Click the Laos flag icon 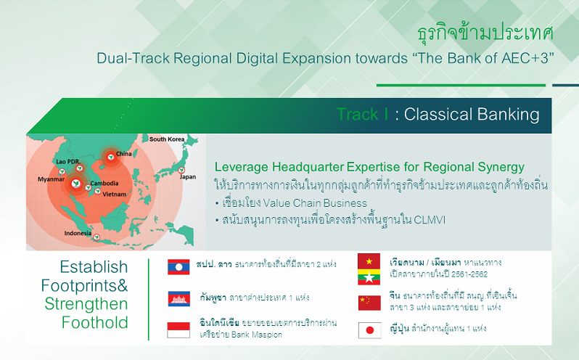[178, 267]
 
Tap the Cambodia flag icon [179, 299]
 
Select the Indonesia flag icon [178, 330]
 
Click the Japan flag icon [369, 330]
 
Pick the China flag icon [369, 303]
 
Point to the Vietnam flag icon [369, 261]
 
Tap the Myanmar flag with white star [369, 277]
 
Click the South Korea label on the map [167, 139]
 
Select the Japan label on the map [188, 177]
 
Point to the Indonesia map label [78, 233]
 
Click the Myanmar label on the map [51, 179]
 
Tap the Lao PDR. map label [68, 161]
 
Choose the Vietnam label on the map [114, 194]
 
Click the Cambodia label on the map [104, 183]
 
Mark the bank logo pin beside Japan [181, 171]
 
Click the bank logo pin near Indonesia [96, 237]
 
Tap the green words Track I [362, 114]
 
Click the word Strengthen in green [86, 304]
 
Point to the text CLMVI [430, 220]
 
